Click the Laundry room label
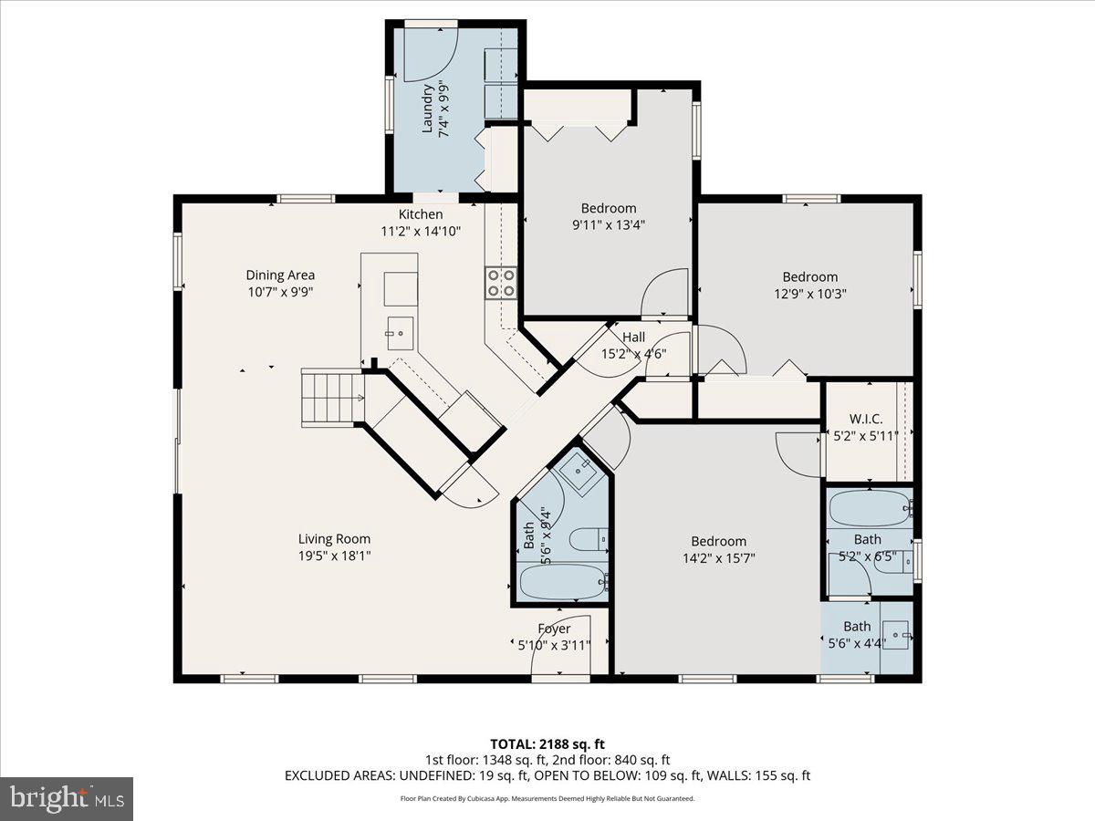coord(427,109)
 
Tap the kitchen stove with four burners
coord(500,282)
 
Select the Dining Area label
coord(280,275)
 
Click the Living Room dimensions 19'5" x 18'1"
coord(334,555)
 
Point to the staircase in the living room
coord(328,398)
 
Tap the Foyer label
coord(554,629)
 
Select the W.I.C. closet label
coord(865,419)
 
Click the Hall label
coord(633,338)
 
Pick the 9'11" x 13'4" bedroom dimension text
coord(609,224)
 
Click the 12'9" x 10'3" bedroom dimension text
coord(809,294)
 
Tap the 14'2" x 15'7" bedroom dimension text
coord(718,557)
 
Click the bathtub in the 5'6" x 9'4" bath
coord(561,580)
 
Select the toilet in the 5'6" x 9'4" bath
coord(589,541)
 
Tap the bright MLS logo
coord(67,798)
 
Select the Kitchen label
coord(421,214)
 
